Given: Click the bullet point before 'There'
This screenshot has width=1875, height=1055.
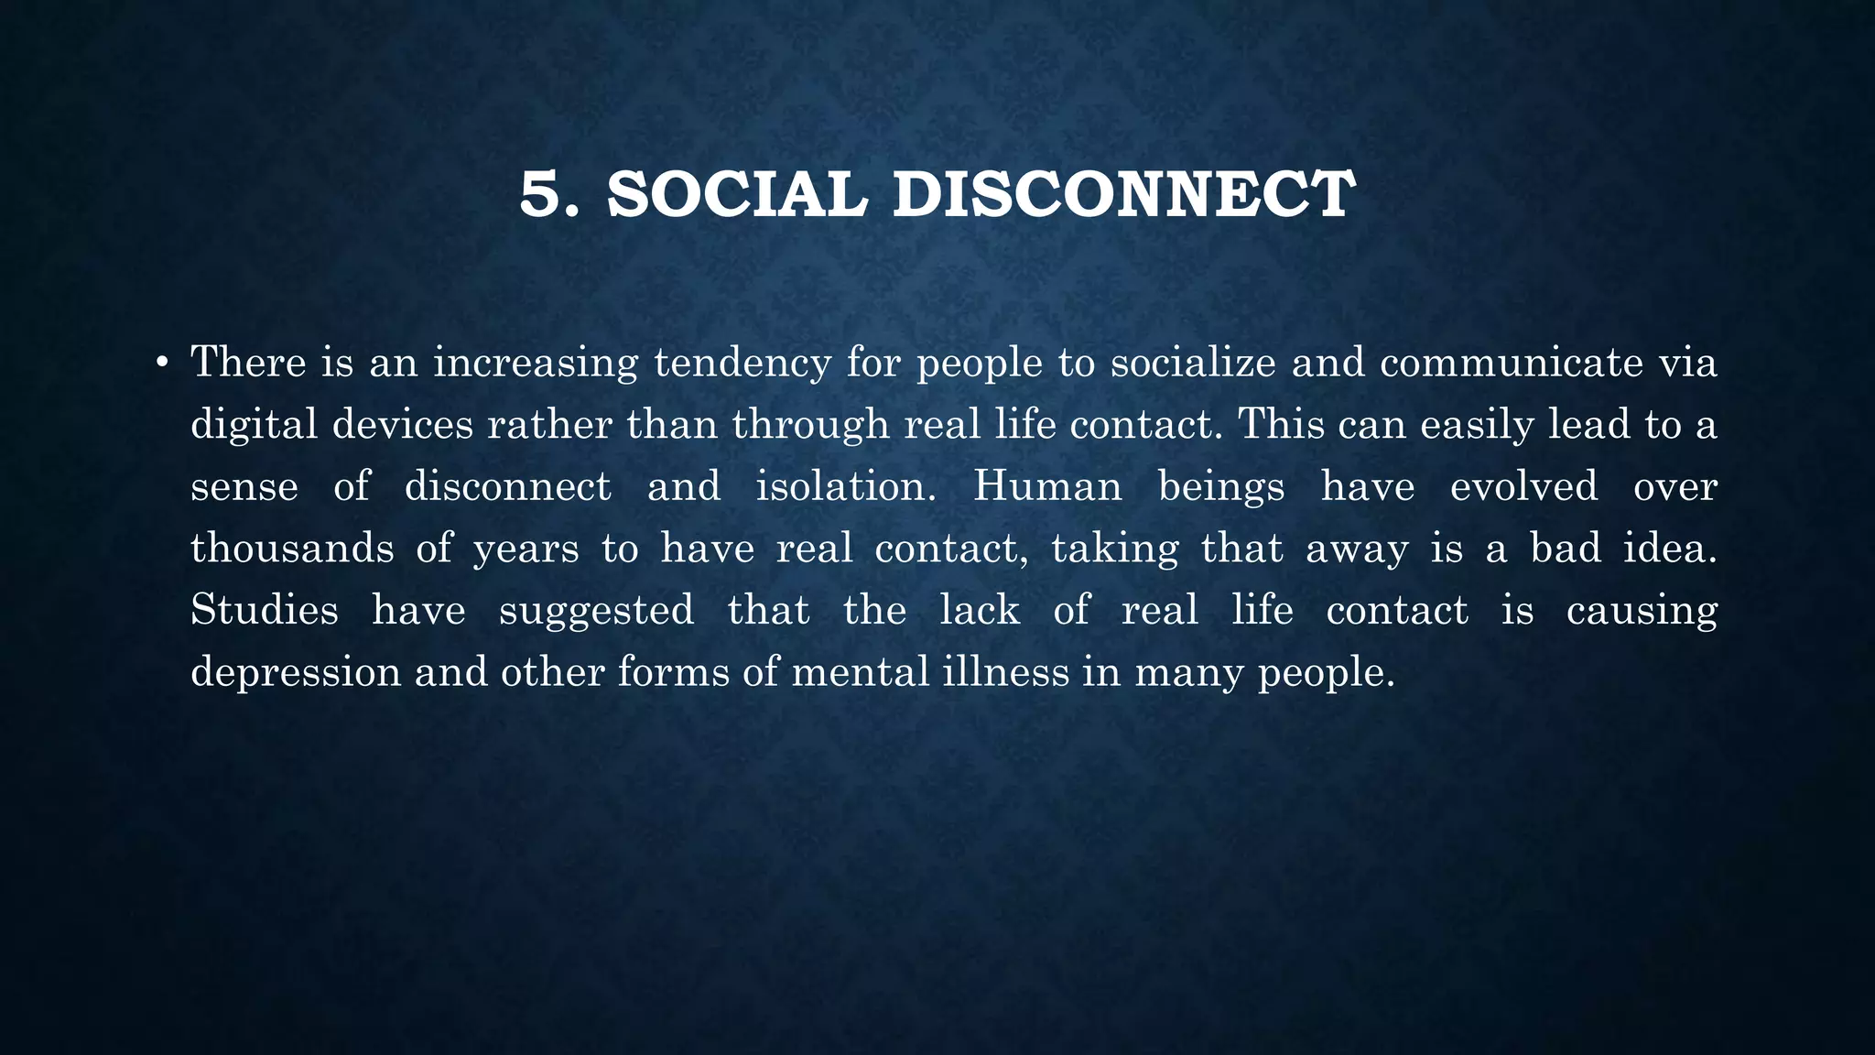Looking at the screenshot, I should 161,364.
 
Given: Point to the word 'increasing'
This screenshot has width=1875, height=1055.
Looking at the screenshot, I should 535,364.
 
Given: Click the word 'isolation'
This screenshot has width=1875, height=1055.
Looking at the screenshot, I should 845,486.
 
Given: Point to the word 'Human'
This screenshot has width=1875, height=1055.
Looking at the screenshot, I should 1047,486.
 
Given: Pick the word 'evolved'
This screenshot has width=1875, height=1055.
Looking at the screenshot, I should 1523,486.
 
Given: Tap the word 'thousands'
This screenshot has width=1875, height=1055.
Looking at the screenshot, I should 292,549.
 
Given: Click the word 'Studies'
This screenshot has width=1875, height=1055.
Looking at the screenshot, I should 264,610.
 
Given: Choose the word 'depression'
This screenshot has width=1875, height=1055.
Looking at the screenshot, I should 296,673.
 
